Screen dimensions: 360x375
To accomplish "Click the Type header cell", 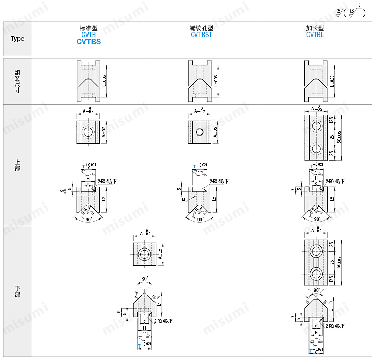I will (x=17, y=39).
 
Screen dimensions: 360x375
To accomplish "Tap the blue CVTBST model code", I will (x=202, y=35).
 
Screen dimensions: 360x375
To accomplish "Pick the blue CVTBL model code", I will (x=315, y=35).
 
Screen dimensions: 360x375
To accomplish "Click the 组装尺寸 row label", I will (x=17, y=81).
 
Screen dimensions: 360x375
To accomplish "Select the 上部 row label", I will (x=17, y=165).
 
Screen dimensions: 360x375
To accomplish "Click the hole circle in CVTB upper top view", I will (x=88, y=132).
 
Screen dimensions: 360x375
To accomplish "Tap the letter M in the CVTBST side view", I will (x=183, y=200).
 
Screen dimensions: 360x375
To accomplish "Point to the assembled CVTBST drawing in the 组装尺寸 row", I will (x=201, y=81).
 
